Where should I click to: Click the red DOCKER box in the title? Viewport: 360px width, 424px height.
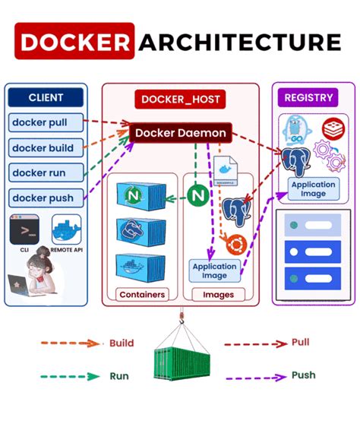pos(74,42)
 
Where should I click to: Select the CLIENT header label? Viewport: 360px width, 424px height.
pos(46,97)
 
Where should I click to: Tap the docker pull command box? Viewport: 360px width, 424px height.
pos(43,122)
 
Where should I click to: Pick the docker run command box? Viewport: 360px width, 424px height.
pos(43,172)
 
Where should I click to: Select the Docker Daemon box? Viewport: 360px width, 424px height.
pos(180,133)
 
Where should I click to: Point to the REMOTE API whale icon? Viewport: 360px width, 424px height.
pos(66,229)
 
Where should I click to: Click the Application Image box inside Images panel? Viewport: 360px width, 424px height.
pos(214,271)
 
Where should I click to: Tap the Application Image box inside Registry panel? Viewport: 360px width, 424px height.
pos(313,189)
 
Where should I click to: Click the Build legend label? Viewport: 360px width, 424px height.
pos(122,343)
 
